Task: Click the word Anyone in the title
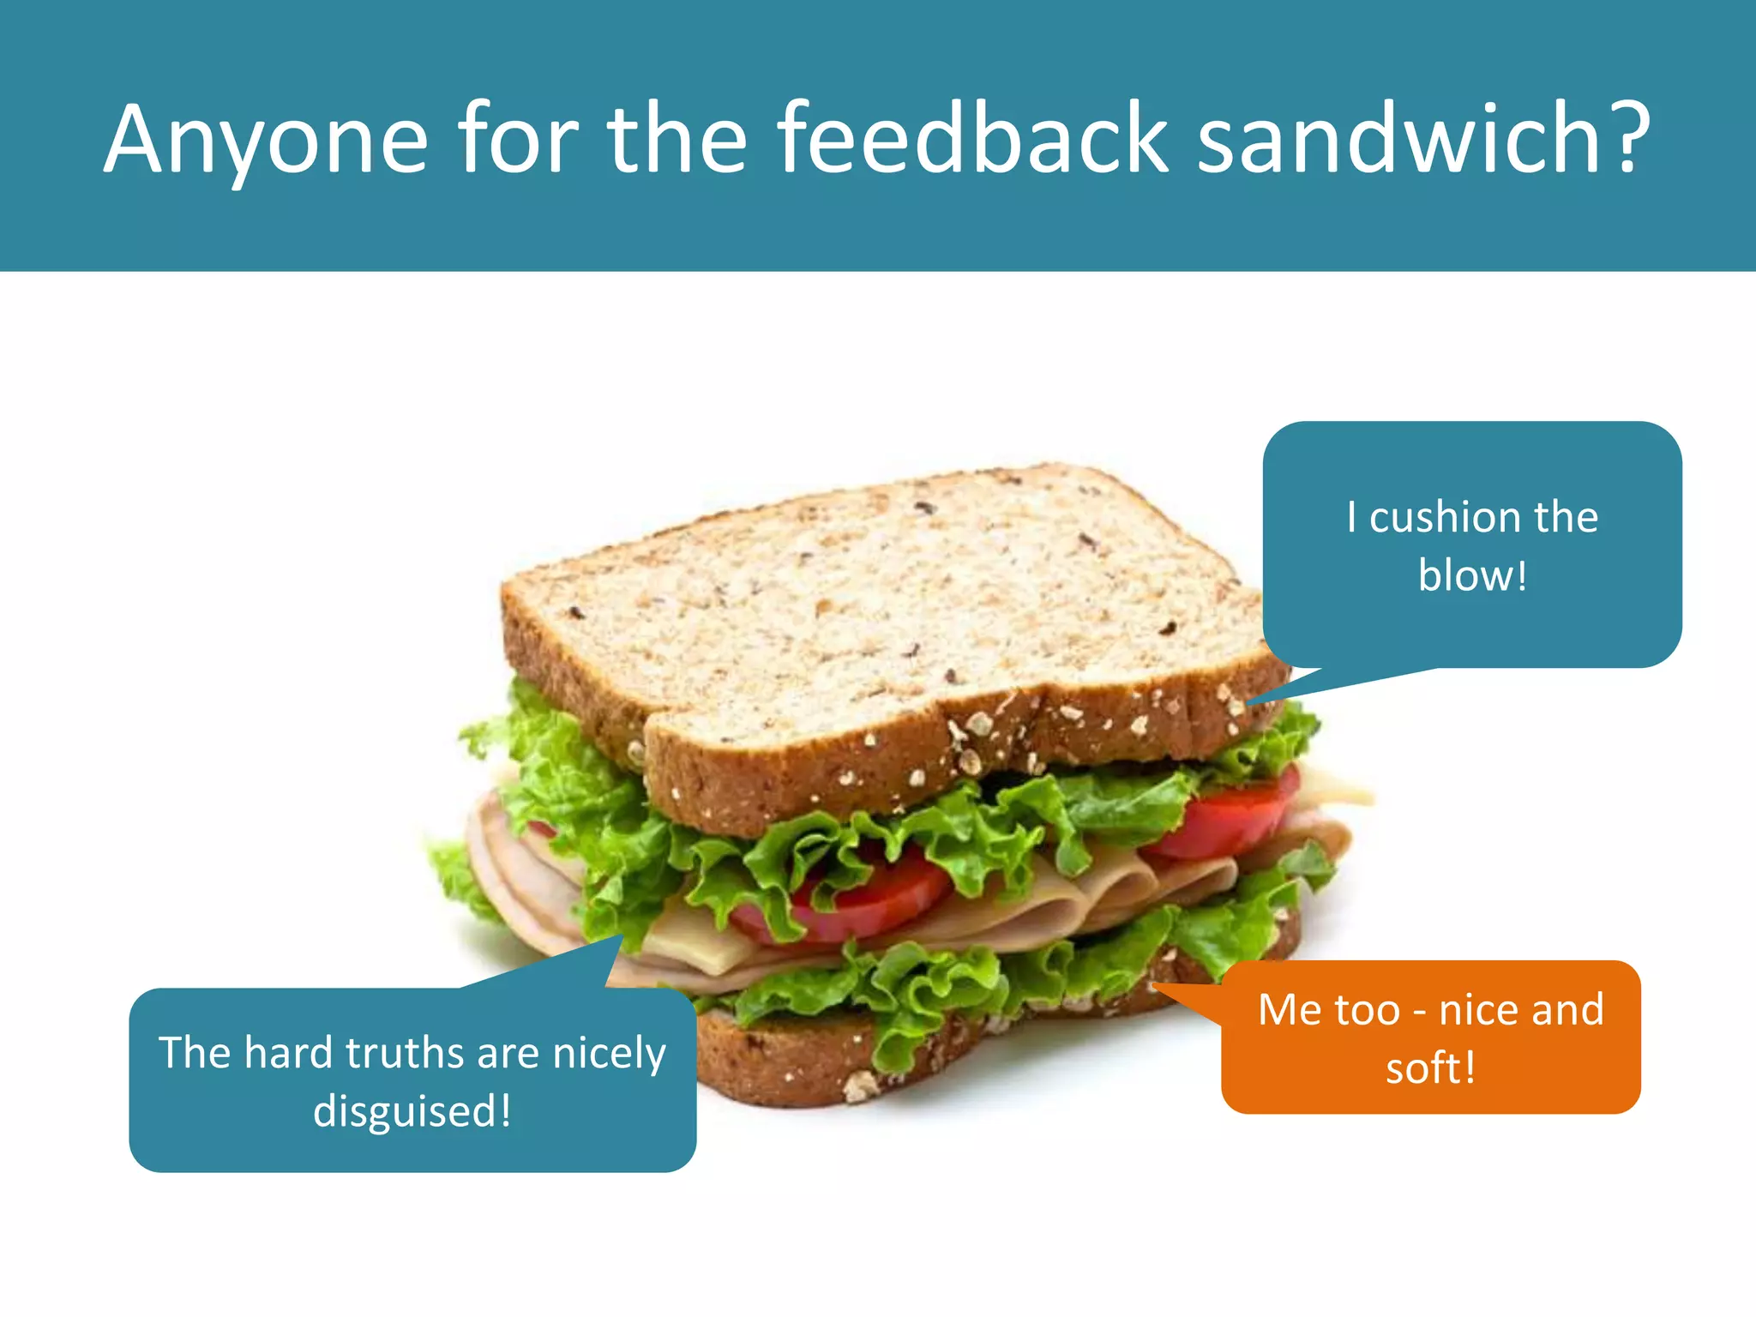[x=266, y=140]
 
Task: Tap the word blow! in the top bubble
[x=1472, y=575]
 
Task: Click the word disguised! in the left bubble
[x=412, y=1111]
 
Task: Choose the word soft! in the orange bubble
[x=1430, y=1068]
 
